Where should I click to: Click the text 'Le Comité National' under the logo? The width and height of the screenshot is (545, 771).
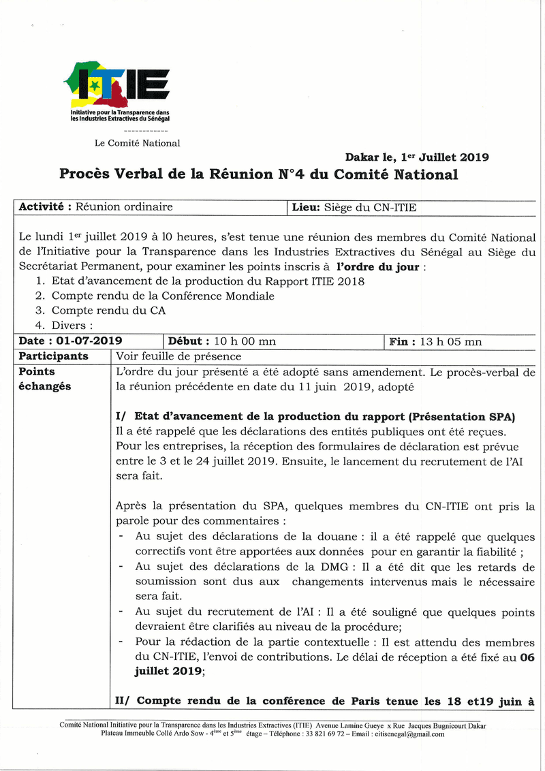click(137, 143)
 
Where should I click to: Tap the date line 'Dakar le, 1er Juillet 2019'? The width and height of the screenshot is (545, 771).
click(416, 157)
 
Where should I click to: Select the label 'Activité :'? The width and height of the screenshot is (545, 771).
click(46, 207)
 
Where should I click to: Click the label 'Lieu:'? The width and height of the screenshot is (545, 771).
click(306, 207)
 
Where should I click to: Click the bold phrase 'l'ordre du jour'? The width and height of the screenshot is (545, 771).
click(378, 267)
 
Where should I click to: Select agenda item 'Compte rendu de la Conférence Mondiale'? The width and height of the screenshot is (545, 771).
click(163, 296)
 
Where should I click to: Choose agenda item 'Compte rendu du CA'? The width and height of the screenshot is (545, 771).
click(108, 311)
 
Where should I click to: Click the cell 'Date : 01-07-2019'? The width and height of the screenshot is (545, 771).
click(71, 341)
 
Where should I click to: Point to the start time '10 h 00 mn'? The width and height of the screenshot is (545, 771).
click(245, 341)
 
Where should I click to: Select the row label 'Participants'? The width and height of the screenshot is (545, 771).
click(53, 356)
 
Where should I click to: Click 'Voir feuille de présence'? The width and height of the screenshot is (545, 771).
click(178, 356)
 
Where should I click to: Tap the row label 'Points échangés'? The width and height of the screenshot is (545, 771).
click(45, 379)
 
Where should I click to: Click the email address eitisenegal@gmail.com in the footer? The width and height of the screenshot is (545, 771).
click(405, 734)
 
